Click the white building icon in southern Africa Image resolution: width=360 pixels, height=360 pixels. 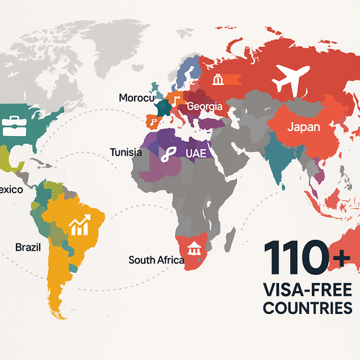[194, 248]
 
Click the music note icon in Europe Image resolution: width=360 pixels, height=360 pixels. [176, 102]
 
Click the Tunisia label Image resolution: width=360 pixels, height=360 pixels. [126, 152]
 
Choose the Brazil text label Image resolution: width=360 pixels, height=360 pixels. [27, 247]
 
